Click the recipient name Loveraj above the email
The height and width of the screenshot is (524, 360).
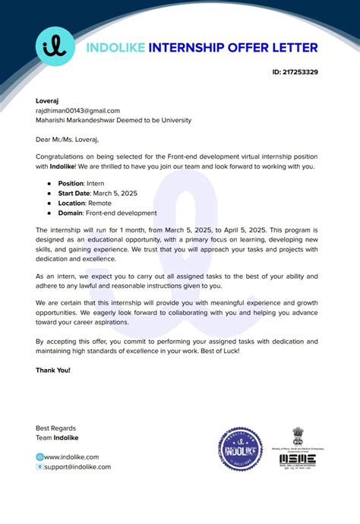pos(48,100)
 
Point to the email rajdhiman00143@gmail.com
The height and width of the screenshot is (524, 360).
pos(77,110)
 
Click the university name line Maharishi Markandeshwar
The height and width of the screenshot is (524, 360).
pos(113,120)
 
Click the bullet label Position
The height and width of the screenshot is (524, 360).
pos(73,184)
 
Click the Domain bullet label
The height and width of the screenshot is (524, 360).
pos(72,213)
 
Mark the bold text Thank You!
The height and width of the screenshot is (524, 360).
pos(53,370)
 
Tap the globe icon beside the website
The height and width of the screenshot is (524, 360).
pos(39,456)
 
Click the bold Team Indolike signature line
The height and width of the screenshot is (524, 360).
pos(57,437)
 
